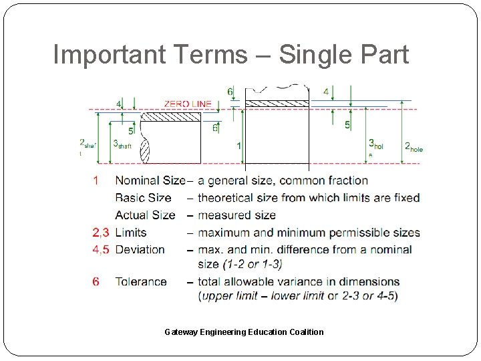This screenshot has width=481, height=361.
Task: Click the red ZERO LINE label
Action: (x=188, y=104)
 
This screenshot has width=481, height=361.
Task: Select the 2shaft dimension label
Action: (x=88, y=145)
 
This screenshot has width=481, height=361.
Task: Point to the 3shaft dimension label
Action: (x=122, y=144)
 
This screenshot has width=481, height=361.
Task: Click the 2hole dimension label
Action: (x=414, y=146)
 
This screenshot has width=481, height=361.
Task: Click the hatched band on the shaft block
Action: (x=172, y=117)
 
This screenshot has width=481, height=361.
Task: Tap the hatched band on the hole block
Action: (x=277, y=104)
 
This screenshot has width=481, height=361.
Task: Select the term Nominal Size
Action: (x=150, y=180)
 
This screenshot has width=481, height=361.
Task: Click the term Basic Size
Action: (x=143, y=198)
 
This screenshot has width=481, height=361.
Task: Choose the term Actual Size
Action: (x=145, y=215)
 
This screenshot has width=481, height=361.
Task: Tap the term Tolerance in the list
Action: (x=141, y=281)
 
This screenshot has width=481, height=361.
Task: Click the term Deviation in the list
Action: (x=140, y=249)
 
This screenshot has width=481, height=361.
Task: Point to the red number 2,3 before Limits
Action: (x=101, y=233)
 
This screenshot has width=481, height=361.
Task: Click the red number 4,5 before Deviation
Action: (x=101, y=249)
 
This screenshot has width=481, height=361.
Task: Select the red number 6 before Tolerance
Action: (x=96, y=281)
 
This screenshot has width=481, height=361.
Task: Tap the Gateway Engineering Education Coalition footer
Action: (x=244, y=332)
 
